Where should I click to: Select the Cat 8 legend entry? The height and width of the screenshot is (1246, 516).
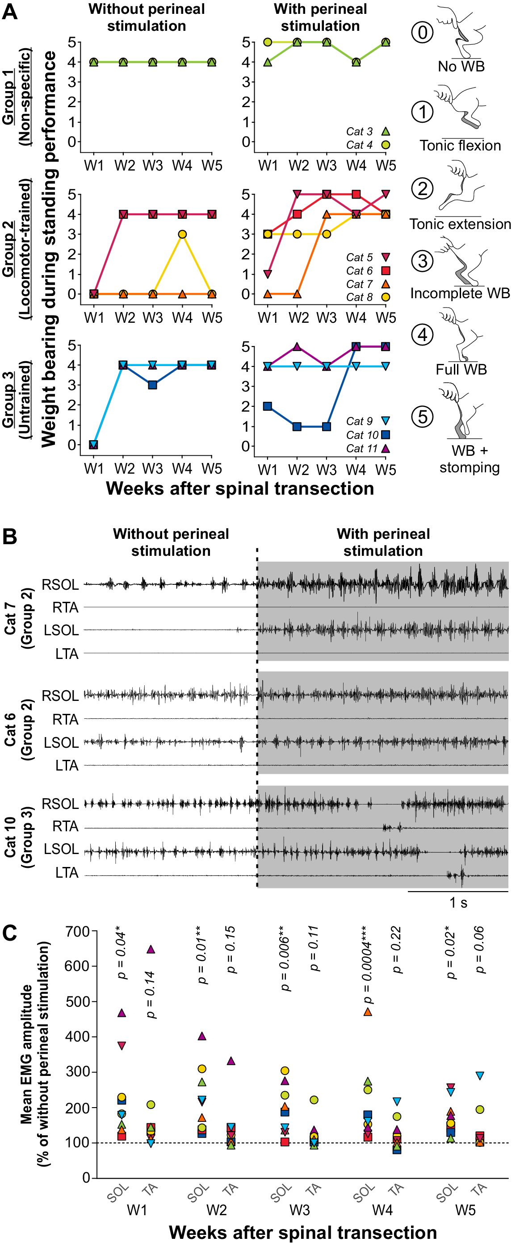[x=360, y=297]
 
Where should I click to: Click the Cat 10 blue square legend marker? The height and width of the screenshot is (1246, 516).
[x=386, y=434]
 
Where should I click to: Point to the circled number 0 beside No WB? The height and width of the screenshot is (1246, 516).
[x=423, y=33]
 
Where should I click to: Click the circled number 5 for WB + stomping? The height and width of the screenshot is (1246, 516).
[x=423, y=417]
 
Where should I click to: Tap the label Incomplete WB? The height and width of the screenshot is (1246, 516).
[x=460, y=293]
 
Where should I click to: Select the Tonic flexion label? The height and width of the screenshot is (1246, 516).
[x=460, y=145]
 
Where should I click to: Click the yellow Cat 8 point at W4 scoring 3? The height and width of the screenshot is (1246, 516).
[x=182, y=234]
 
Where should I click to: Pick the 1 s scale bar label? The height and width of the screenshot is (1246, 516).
[x=458, y=903]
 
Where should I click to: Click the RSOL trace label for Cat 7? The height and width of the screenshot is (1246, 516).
[x=60, y=585]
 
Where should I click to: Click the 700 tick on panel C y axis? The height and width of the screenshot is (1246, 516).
[x=77, y=931]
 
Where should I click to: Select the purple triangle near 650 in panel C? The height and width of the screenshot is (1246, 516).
[x=151, y=950]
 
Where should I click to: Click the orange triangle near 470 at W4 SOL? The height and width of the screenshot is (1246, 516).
[x=367, y=1012]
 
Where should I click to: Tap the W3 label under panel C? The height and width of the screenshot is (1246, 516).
[x=300, y=1210]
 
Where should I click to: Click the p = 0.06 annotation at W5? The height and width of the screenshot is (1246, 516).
[x=480, y=950]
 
